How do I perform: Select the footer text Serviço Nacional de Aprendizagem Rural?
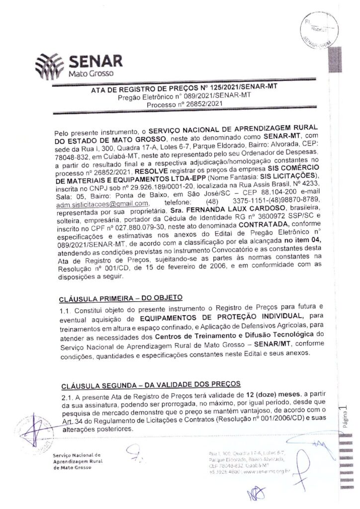[x=77, y=458]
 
